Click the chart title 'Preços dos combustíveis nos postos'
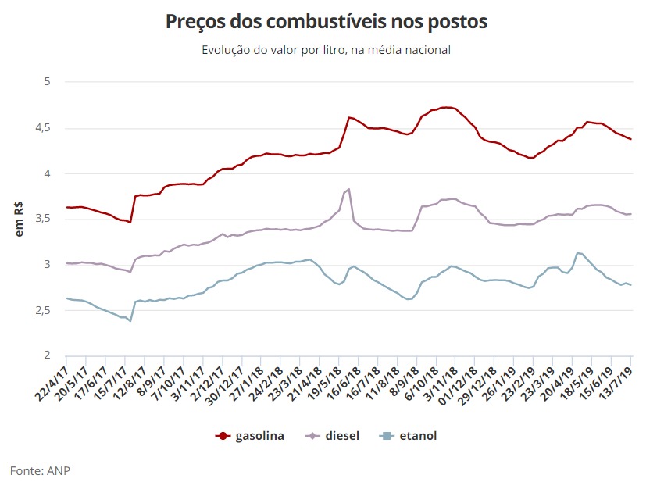pyautogui.click(x=326, y=22)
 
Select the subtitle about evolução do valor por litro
pyautogui.click(x=326, y=50)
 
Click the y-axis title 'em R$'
pyautogui.click(x=21, y=219)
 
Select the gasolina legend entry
pyautogui.click(x=250, y=436)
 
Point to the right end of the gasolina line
pyautogui.click(x=631, y=139)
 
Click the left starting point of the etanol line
pyautogui.click(x=66, y=298)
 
